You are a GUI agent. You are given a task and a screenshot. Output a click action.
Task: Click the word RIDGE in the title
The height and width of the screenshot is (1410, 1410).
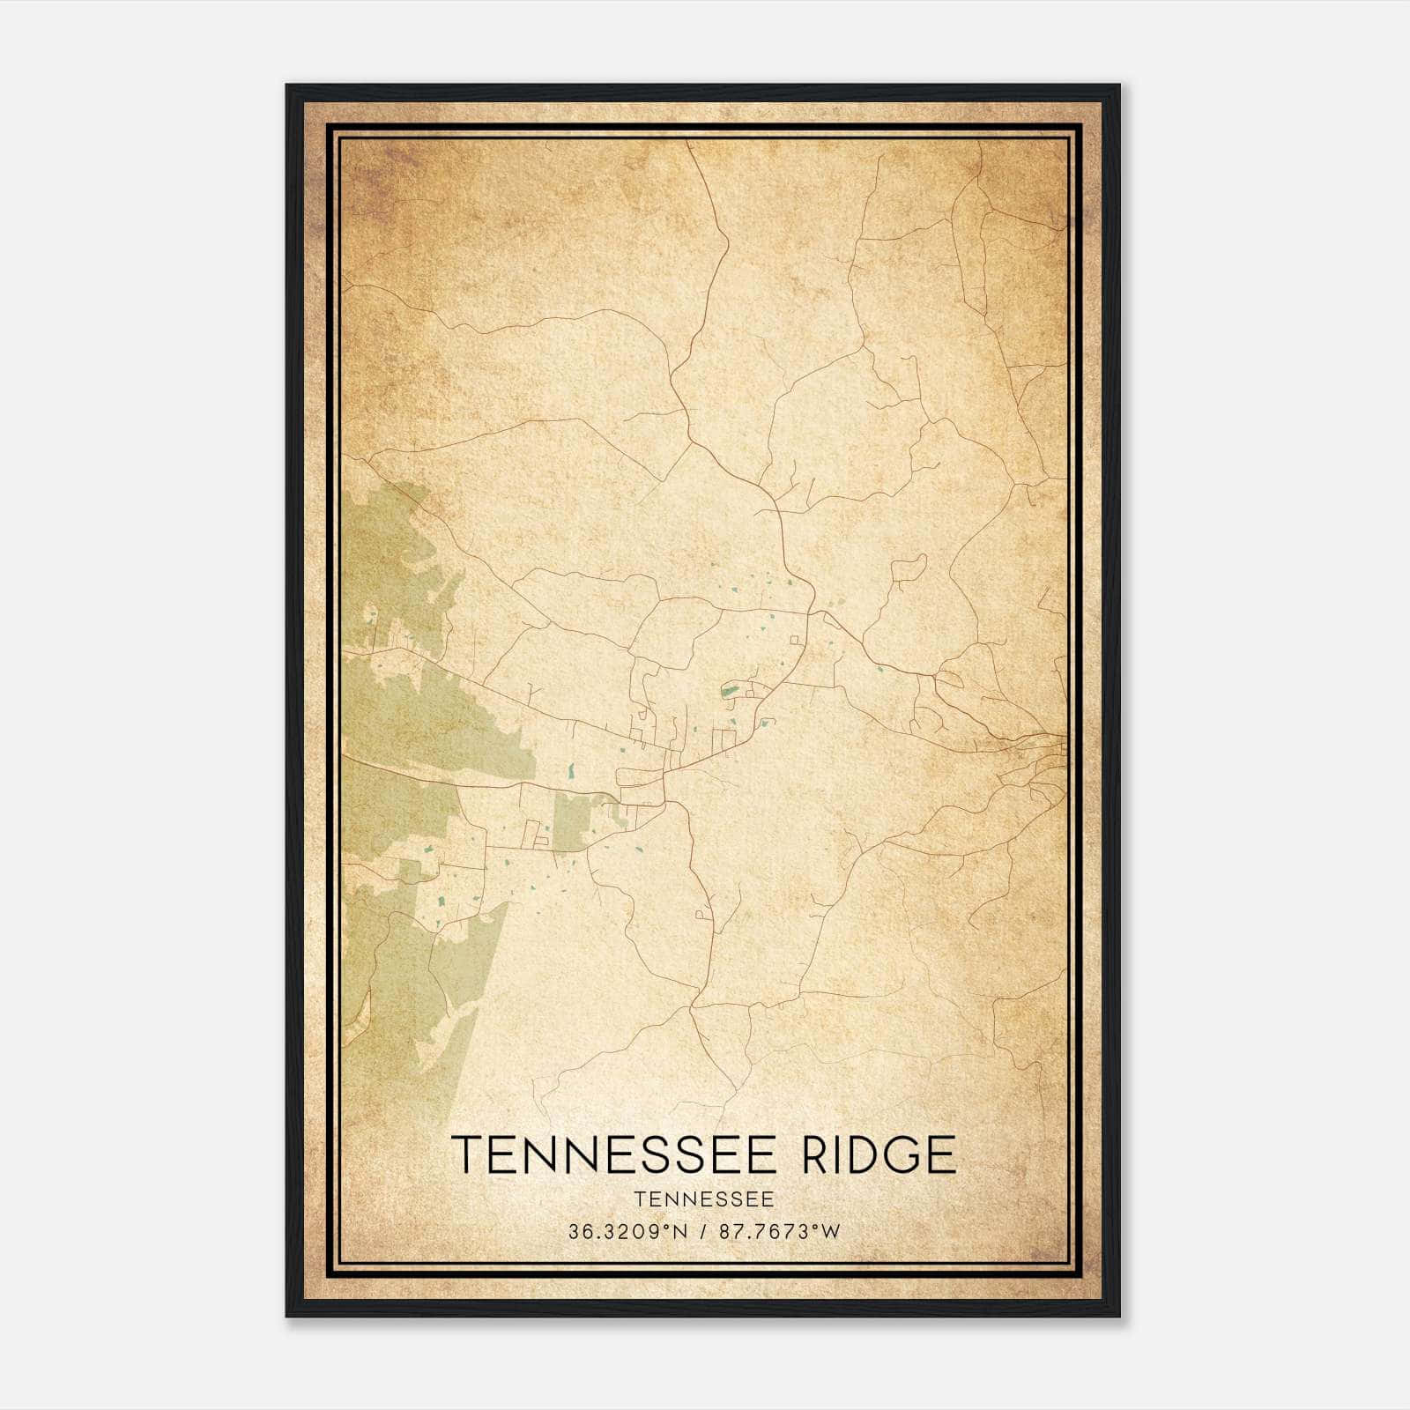coord(879,1154)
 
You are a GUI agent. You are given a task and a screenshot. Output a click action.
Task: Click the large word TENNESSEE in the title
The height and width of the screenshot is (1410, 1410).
coord(614,1154)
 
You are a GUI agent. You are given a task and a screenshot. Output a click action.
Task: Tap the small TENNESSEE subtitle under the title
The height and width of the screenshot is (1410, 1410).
coord(703,1199)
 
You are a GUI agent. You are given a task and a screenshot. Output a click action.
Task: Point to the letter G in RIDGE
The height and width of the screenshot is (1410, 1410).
coord(895,1154)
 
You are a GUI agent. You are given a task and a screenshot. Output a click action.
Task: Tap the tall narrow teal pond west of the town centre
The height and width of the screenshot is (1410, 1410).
coord(571,771)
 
